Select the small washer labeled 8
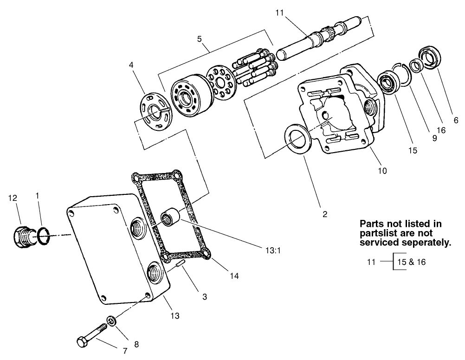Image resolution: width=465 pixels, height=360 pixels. click(111, 321)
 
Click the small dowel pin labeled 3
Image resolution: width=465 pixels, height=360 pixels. click(180, 264)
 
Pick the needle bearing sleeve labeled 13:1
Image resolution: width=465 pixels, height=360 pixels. click(169, 218)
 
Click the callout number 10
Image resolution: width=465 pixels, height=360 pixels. click(381, 170)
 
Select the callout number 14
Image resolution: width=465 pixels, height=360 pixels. click(234, 276)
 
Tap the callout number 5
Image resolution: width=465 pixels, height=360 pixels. click(199, 39)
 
